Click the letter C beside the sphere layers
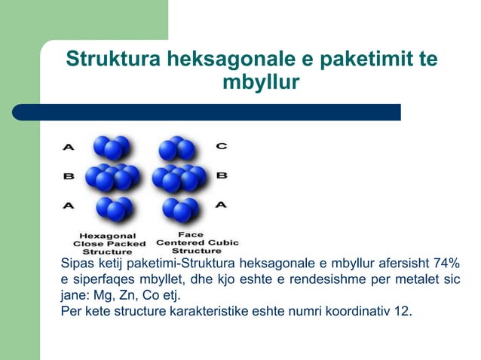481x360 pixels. click(x=222, y=145)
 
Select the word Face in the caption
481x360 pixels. click(x=185, y=234)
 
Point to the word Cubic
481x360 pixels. click(x=222, y=243)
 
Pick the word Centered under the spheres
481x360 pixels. click(x=179, y=243)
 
